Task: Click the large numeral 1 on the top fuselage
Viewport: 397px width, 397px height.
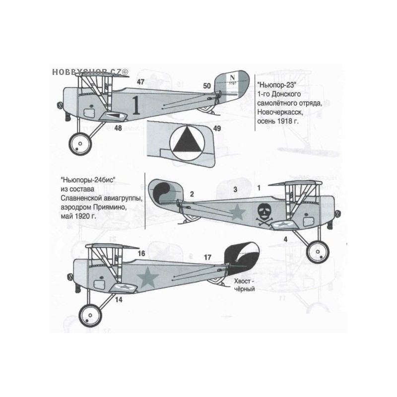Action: pyautogui.click(x=136, y=106)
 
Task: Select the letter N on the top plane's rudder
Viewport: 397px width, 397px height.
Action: pyautogui.click(x=232, y=78)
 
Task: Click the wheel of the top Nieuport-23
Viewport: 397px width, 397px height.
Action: pyautogui.click(x=80, y=144)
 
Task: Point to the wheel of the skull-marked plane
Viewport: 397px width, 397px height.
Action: pyautogui.click(x=318, y=252)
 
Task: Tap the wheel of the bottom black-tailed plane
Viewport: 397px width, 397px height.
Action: pyautogui.click(x=90, y=316)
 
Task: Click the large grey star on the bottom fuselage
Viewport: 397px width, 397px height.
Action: pyautogui.click(x=147, y=277)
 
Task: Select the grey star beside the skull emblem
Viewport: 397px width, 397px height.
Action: pyautogui.click(x=237, y=212)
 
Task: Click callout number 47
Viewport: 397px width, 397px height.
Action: pyautogui.click(x=140, y=82)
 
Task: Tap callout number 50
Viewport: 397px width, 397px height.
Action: pyautogui.click(x=207, y=86)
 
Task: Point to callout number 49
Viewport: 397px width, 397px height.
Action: pyautogui.click(x=217, y=129)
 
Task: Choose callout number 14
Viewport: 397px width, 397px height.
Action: pyautogui.click(x=119, y=300)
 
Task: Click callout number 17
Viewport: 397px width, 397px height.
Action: pyautogui.click(x=207, y=258)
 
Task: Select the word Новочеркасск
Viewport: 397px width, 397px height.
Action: pyautogui.click(x=280, y=112)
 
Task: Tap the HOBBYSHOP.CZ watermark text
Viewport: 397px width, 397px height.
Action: pyautogui.click(x=90, y=72)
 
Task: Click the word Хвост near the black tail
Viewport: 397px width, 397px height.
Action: pyautogui.click(x=242, y=281)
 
